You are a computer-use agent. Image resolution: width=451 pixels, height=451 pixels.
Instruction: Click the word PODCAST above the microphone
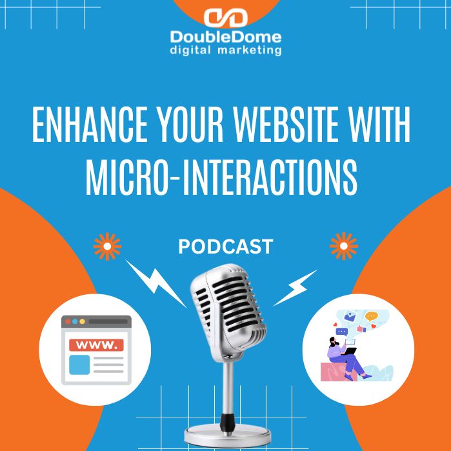(x=225, y=246)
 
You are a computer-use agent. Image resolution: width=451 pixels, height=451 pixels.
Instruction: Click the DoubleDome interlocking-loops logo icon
(x=225, y=17)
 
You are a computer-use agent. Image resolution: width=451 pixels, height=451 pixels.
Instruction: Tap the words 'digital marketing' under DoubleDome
(x=225, y=50)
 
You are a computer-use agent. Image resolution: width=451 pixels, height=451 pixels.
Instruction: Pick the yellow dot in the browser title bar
(x=83, y=321)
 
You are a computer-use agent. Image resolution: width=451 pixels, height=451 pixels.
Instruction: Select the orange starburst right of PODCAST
(x=343, y=246)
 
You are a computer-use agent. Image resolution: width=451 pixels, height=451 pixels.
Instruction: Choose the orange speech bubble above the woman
(x=371, y=317)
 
